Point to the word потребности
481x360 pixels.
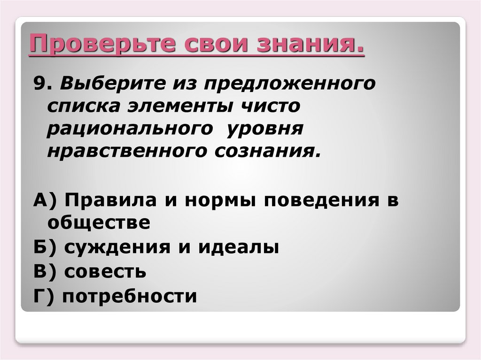(129, 297)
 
